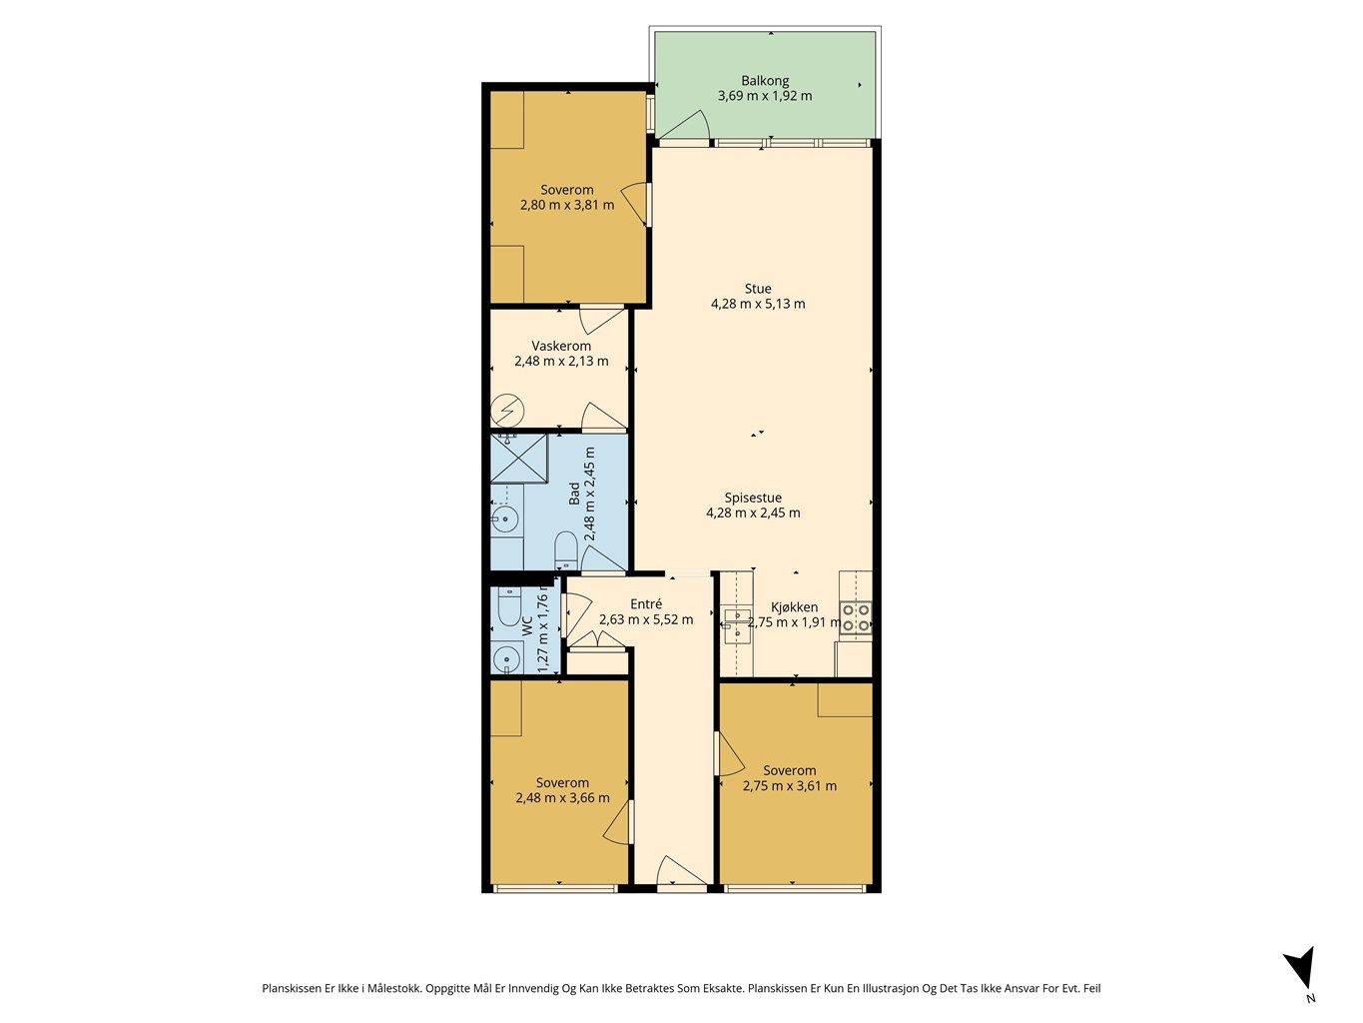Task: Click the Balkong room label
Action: (765, 81)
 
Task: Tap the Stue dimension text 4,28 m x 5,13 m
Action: (758, 304)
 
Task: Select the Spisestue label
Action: (753, 498)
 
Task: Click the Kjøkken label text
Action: (794, 607)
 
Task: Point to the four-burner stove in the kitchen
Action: (855, 617)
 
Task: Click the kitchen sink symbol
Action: (737, 624)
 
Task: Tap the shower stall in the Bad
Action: (518, 459)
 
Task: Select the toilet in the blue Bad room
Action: (565, 549)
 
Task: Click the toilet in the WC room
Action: (509, 607)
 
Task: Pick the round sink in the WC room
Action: (507, 657)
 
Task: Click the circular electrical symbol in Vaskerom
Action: (507, 411)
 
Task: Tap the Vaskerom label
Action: (561, 346)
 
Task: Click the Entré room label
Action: (646, 603)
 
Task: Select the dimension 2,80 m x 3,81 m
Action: (567, 205)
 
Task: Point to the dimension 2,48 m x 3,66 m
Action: (562, 797)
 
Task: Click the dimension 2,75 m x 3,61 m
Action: (789, 785)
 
